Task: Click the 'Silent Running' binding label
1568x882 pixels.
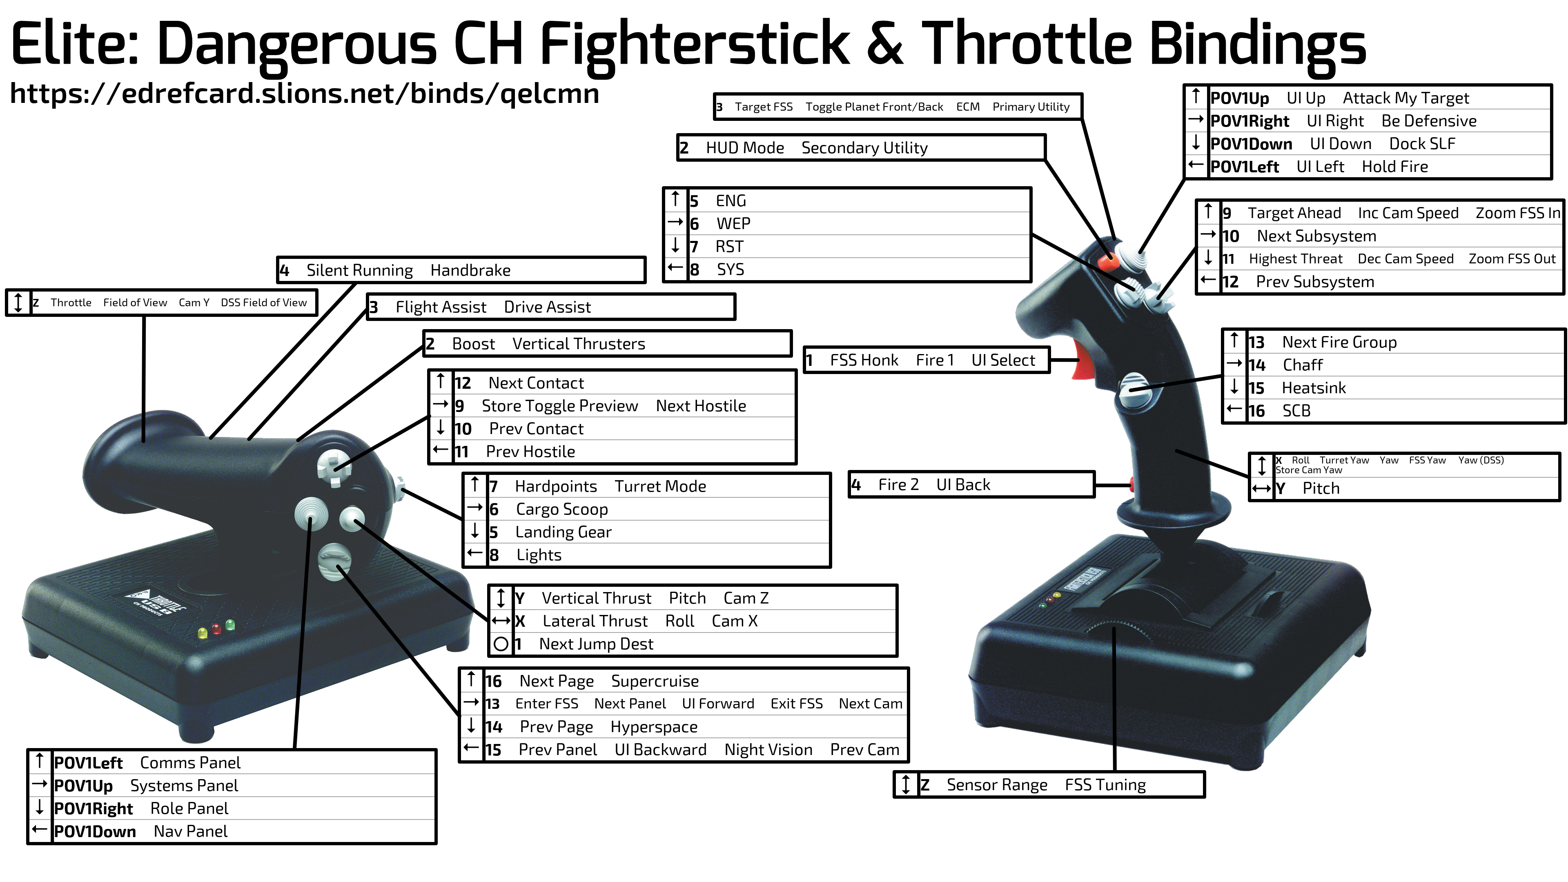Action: pyautogui.click(x=360, y=270)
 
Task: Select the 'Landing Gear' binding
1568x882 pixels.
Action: pyautogui.click(x=563, y=532)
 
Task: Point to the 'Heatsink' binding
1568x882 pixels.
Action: pyautogui.click(x=1314, y=388)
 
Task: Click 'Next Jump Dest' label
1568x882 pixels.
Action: pyautogui.click(x=596, y=644)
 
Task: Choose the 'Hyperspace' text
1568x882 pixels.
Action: pyautogui.click(x=654, y=727)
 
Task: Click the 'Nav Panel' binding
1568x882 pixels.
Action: pyautogui.click(x=191, y=831)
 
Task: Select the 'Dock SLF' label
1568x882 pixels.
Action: pyautogui.click(x=1422, y=144)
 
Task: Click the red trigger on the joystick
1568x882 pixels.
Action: pyautogui.click(x=1083, y=359)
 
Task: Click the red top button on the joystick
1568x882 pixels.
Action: pyautogui.click(x=1108, y=262)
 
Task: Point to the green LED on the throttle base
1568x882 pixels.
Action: pyautogui.click(x=230, y=624)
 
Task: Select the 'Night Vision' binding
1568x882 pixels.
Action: pyautogui.click(x=768, y=750)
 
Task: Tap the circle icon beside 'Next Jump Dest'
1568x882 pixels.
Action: pyautogui.click(x=501, y=644)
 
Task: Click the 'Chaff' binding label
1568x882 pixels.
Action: pyautogui.click(x=1303, y=365)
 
